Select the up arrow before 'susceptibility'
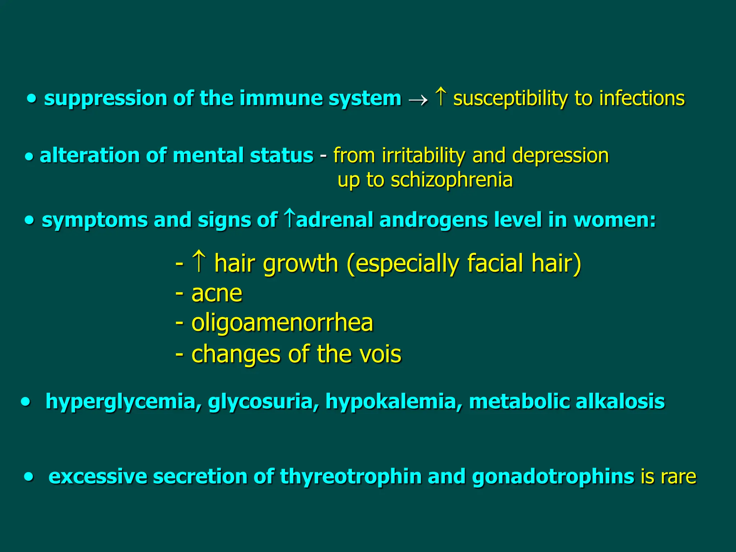click(x=441, y=97)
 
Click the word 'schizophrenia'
click(x=452, y=180)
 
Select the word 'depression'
click(x=560, y=156)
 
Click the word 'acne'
click(x=217, y=294)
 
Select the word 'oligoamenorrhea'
click(x=282, y=323)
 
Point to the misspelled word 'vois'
click(x=381, y=354)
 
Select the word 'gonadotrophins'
click(x=553, y=477)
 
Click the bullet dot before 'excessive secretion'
click(x=29, y=477)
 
